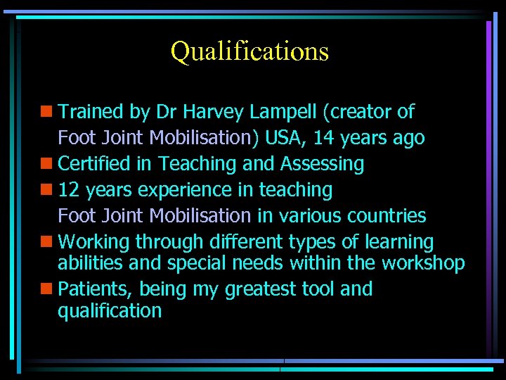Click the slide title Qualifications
249,51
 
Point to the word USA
284,138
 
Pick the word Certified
94,164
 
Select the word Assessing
322,164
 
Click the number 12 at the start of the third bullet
70,190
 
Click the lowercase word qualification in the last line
110,311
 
